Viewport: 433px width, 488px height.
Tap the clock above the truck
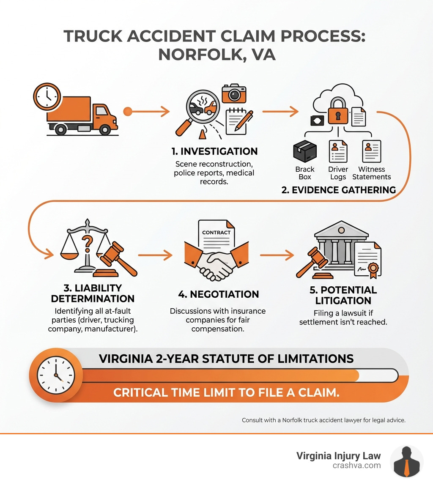(x=47, y=96)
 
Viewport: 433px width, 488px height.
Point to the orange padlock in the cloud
(x=338, y=112)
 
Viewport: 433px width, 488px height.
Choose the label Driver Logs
(x=338, y=173)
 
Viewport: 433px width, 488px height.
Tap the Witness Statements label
(x=371, y=173)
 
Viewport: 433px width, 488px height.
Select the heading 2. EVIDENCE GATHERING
(x=338, y=190)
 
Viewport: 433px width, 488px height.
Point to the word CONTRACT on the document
(x=216, y=232)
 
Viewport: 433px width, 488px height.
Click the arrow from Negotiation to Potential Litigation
(x=277, y=255)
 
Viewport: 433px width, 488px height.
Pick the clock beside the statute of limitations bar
(x=56, y=375)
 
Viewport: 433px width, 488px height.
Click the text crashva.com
(x=357, y=466)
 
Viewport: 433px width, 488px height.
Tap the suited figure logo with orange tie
(x=406, y=461)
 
